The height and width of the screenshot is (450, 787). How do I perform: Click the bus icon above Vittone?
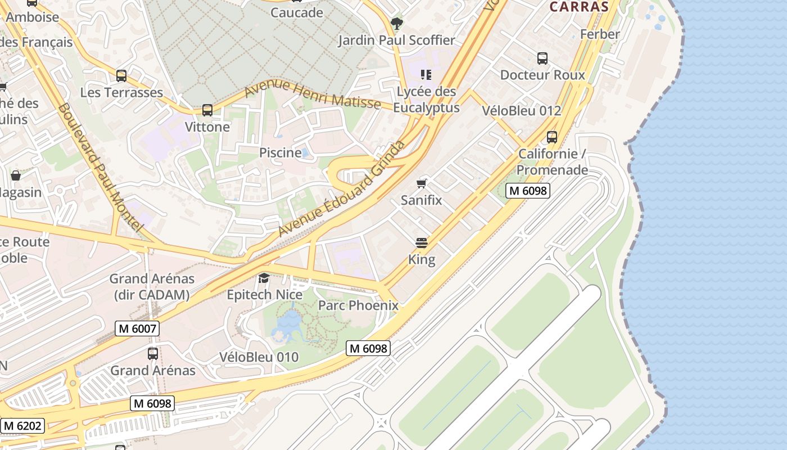[x=207, y=110]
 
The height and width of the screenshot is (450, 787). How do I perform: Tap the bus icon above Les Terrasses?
[x=121, y=75]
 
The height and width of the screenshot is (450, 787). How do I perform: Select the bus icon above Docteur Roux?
[x=542, y=58]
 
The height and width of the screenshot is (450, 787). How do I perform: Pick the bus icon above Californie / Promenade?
[x=552, y=137]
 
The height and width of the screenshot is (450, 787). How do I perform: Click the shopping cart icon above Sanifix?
[x=422, y=183]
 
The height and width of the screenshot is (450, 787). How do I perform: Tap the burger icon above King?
[x=422, y=243]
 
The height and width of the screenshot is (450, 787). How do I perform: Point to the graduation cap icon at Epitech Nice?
[x=264, y=278]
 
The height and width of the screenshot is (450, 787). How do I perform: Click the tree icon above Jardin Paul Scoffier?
[x=397, y=23]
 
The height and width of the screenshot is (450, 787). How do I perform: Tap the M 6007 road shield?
[x=137, y=328]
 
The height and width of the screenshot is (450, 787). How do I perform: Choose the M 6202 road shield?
[x=22, y=425]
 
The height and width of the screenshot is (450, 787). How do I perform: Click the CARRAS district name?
[x=579, y=7]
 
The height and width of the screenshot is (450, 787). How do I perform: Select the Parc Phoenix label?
[x=358, y=305]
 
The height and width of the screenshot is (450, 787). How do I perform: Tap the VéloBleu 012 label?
[x=522, y=110]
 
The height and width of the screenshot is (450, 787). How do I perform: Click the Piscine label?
[x=280, y=152]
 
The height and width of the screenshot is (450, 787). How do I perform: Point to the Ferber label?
[x=600, y=34]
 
